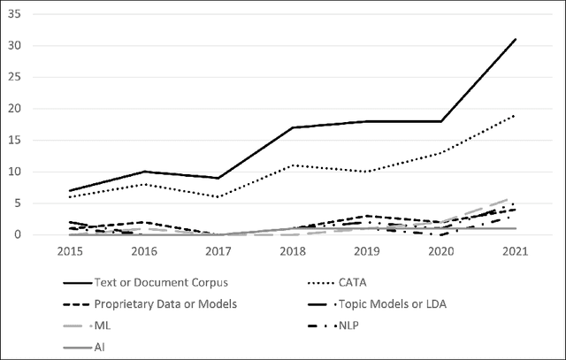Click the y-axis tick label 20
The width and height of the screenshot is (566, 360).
point(39,109)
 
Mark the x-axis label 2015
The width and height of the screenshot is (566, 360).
point(69,251)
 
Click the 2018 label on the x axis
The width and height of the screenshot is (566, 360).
point(293,251)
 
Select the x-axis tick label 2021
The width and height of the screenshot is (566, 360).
point(516,251)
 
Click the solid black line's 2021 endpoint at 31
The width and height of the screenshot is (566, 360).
point(516,39)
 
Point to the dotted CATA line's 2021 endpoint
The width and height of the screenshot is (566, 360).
point(516,115)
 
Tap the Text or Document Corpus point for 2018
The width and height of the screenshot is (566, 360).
point(293,127)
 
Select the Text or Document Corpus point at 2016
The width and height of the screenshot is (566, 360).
point(144,172)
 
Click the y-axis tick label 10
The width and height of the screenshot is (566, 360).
point(39,172)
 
